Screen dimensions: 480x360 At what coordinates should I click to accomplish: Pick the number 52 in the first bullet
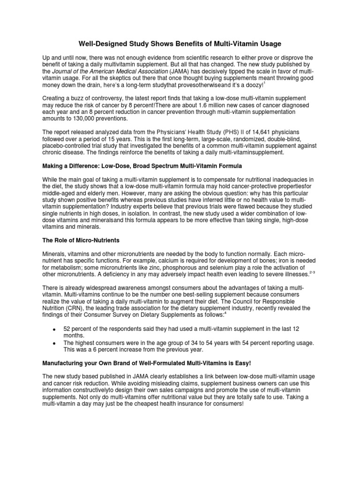point(67,330)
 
